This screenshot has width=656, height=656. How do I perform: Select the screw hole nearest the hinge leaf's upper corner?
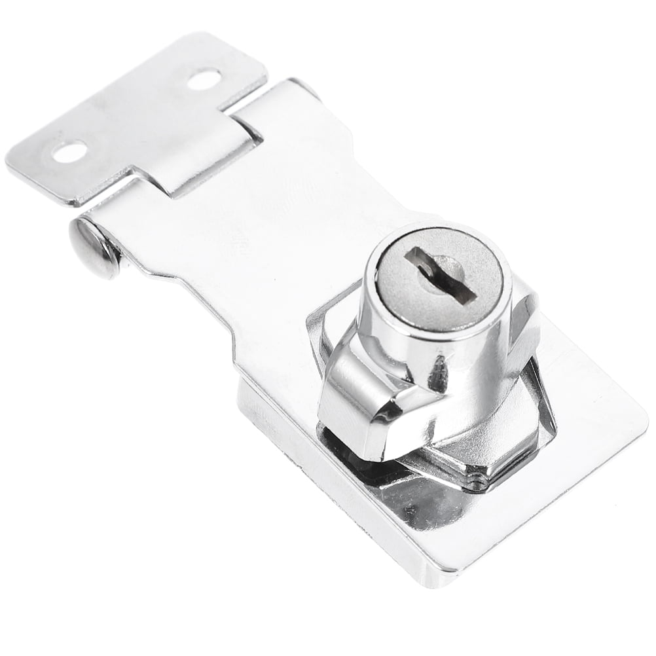(203, 79)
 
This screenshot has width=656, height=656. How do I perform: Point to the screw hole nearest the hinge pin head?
(69, 152)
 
